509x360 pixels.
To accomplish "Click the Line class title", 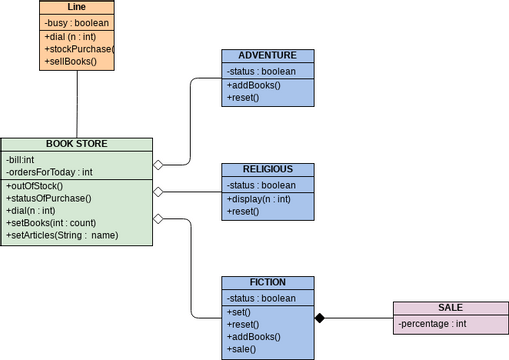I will pyautogui.click(x=77, y=7).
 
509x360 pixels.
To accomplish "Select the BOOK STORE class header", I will pyautogui.click(x=76, y=144).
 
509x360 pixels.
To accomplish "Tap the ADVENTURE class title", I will pyautogui.click(x=268, y=55).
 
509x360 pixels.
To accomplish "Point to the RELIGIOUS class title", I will pyautogui.click(x=268, y=169).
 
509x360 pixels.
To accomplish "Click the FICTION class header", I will pyautogui.click(x=268, y=283).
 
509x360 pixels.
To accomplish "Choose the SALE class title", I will pyautogui.click(x=449, y=308).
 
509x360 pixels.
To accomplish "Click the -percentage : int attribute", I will pyautogui.click(x=432, y=324).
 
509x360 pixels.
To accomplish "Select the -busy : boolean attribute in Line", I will pyautogui.click(x=76, y=22).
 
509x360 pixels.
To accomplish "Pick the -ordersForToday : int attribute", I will pyautogui.click(x=49, y=172).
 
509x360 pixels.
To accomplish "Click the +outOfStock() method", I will pyautogui.click(x=34, y=186).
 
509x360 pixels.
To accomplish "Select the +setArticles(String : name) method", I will pyautogui.click(x=62, y=235).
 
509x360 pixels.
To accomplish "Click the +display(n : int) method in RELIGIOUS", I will pyautogui.click(x=258, y=198).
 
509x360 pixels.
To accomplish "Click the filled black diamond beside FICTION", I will pyautogui.click(x=321, y=318).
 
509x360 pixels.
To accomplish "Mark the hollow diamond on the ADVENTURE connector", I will pyautogui.click(x=158, y=163).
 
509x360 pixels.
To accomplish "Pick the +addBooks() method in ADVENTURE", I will pyautogui.click(x=254, y=85).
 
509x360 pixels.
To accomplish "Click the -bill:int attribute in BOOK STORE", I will pyautogui.click(x=21, y=159).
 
